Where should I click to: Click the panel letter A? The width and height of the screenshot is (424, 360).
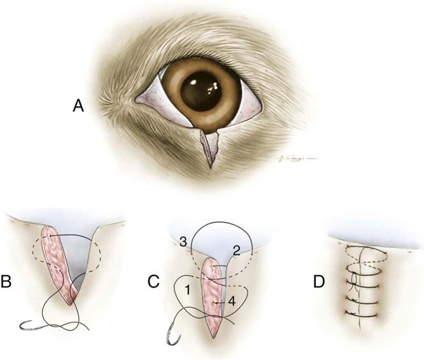78,106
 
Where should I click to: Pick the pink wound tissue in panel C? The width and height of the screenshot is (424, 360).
212,299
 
